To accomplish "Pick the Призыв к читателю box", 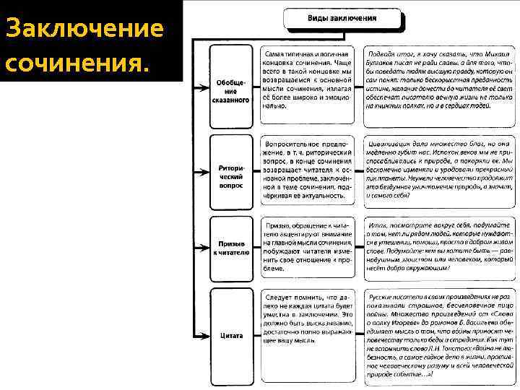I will (230, 248).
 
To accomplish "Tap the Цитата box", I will (230, 335).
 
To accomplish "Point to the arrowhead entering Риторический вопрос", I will (207, 174).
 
